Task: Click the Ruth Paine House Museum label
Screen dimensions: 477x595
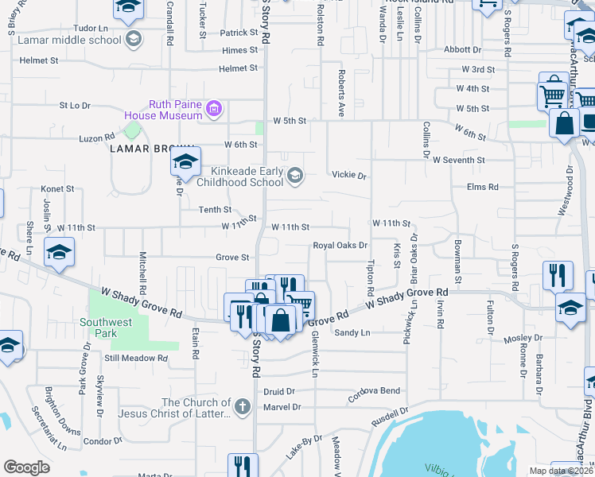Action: coord(176,110)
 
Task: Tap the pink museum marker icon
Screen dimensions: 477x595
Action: coord(212,109)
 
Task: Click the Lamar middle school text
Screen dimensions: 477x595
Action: coord(80,39)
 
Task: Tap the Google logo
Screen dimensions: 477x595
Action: coord(27,467)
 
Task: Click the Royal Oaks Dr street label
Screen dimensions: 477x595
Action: coord(340,246)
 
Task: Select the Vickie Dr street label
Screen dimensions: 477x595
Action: coord(348,175)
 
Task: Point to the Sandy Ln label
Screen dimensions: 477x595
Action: coord(352,332)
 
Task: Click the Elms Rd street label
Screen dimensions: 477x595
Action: coord(483,187)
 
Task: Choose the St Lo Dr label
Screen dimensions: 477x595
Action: coord(76,105)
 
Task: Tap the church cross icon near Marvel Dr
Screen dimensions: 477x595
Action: coord(243,408)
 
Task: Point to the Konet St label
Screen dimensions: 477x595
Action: coord(57,189)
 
